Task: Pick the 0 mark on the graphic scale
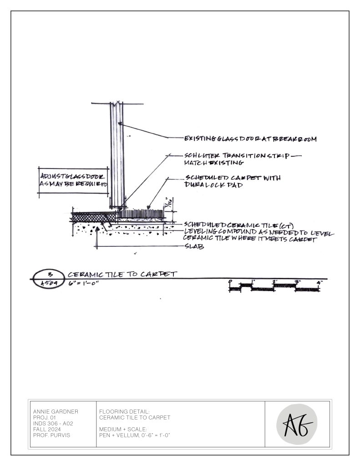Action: tap(231, 282)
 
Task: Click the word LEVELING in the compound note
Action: tap(200, 231)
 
